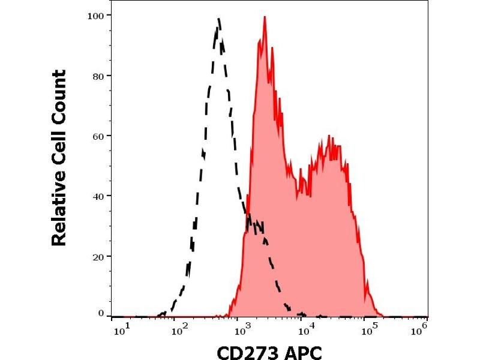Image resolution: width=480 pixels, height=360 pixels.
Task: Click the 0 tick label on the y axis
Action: (100, 313)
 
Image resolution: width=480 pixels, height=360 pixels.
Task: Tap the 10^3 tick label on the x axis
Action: (242, 328)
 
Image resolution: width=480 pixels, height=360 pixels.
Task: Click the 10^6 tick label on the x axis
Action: (422, 328)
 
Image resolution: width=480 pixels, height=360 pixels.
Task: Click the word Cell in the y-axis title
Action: (59, 146)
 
